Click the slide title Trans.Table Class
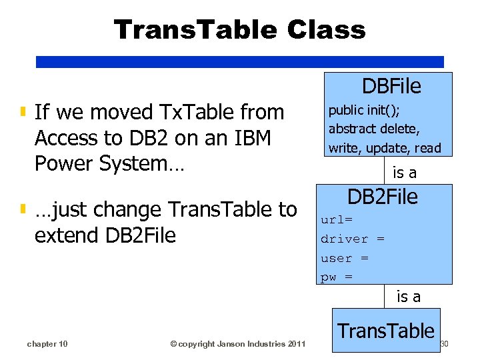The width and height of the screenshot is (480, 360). (239, 29)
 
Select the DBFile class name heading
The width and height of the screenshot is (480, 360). (391, 86)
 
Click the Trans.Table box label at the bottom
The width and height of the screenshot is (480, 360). (386, 331)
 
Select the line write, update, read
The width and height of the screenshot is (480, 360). (385, 147)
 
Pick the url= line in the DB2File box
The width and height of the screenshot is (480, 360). (337, 219)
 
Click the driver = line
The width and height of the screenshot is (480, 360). (352, 239)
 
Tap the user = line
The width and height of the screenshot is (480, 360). (345, 258)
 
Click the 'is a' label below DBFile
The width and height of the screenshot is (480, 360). (405, 173)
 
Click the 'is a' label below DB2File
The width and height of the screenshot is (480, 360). (409, 297)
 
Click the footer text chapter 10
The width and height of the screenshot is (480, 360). (47, 344)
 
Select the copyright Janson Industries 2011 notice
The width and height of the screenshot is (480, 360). (237, 344)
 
